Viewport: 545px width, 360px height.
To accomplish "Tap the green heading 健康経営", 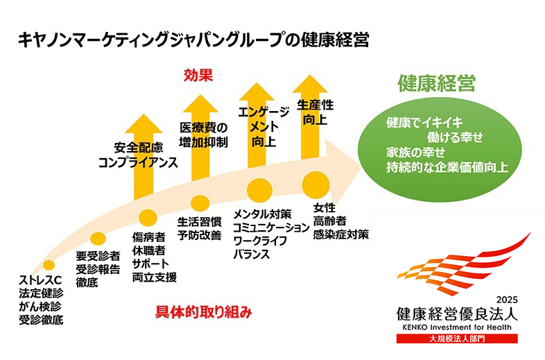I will pyautogui.click(x=436, y=85).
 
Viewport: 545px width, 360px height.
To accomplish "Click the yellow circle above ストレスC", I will pyautogui.click(x=49, y=265).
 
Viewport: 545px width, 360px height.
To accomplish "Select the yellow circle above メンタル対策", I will pyautogui.click(x=258, y=188).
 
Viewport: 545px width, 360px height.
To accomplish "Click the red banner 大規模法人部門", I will pyautogui.click(x=457, y=339).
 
